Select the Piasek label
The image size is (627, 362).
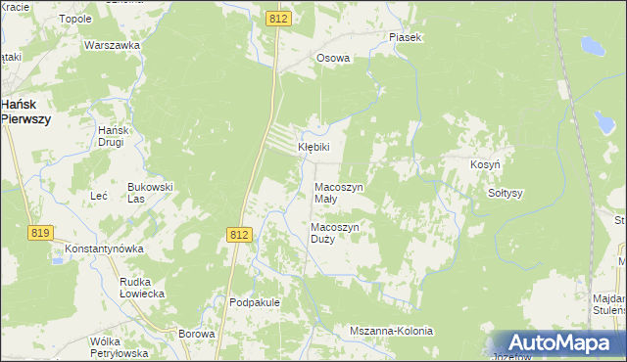pyautogui.click(x=404, y=37)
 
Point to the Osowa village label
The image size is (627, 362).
pyautogui.click(x=333, y=58)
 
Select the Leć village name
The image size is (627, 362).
pyautogui.click(x=98, y=196)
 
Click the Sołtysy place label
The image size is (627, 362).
pyautogui.click(x=506, y=193)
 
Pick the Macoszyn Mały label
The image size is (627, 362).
pyautogui.click(x=339, y=193)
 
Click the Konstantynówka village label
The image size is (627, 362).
pyautogui.click(x=104, y=249)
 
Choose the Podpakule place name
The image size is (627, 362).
pyautogui.click(x=255, y=302)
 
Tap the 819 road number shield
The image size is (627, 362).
pyautogui.click(x=40, y=232)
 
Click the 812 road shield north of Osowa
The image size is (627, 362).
pyautogui.click(x=279, y=19)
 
